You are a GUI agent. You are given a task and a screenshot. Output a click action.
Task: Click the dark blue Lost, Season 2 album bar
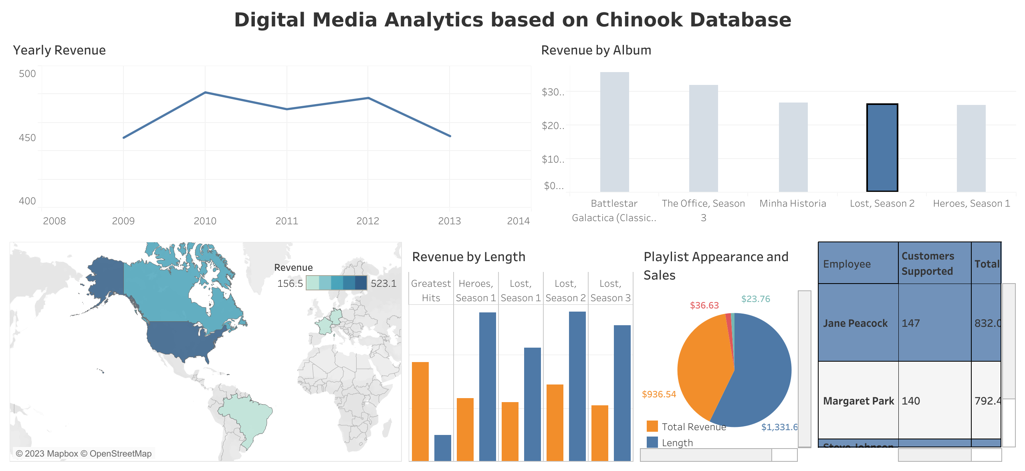pyautogui.click(x=882, y=148)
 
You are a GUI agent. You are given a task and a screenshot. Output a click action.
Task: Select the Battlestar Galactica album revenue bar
pyautogui.click(x=614, y=132)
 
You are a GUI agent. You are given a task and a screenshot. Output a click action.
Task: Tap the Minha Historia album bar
pyautogui.click(x=793, y=147)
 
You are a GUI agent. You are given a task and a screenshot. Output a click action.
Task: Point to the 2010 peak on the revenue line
pyautogui.click(x=205, y=93)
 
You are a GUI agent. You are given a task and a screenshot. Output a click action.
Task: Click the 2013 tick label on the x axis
pyautogui.click(x=449, y=221)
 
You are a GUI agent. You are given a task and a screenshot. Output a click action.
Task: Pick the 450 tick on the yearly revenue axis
pyautogui.click(x=27, y=138)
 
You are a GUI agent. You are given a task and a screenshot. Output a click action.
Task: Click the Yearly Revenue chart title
pyautogui.click(x=59, y=50)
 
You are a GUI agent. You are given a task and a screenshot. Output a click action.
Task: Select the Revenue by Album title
pyautogui.click(x=596, y=50)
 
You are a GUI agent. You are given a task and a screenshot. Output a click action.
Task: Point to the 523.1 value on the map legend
pyautogui.click(x=383, y=284)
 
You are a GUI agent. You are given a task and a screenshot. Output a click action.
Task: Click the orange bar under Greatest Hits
pyautogui.click(x=420, y=411)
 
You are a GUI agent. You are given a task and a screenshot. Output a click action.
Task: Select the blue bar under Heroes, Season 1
pyautogui.click(x=487, y=386)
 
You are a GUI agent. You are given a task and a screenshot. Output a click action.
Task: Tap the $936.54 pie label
pyautogui.click(x=659, y=394)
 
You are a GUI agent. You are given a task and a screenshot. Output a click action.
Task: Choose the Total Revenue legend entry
pyautogui.click(x=693, y=427)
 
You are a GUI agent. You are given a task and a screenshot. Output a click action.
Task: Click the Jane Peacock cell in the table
pyautogui.click(x=855, y=323)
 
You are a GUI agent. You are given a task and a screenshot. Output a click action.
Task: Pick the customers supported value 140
pyautogui.click(x=911, y=401)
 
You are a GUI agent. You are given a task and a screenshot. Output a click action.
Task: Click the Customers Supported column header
pyautogui.click(x=928, y=264)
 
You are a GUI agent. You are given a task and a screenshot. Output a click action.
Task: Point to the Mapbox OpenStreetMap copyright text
pyautogui.click(x=84, y=453)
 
